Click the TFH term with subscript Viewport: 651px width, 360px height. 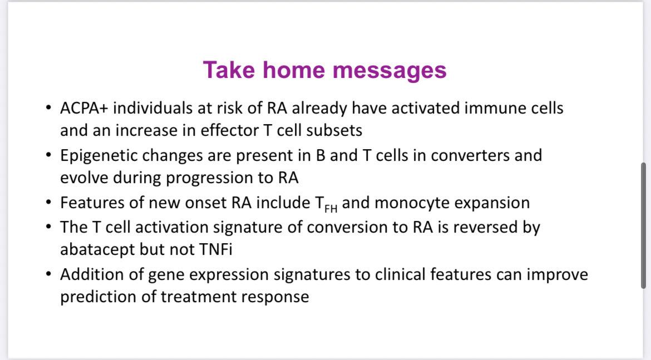tap(322, 204)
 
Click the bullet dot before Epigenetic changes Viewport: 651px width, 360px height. tap(49, 155)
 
